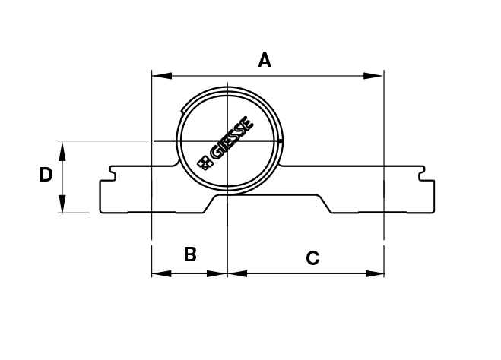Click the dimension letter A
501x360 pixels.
[x=265, y=60]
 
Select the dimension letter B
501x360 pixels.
[x=190, y=254]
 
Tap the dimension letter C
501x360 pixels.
[x=312, y=258]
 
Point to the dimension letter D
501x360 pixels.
[x=46, y=175]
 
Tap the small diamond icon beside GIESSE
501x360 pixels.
[x=203, y=162]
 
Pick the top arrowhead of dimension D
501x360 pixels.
[x=63, y=149]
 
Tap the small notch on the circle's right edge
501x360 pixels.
[x=282, y=141]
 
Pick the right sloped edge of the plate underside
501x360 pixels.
[x=325, y=204]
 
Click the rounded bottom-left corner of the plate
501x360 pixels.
[x=103, y=210]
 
